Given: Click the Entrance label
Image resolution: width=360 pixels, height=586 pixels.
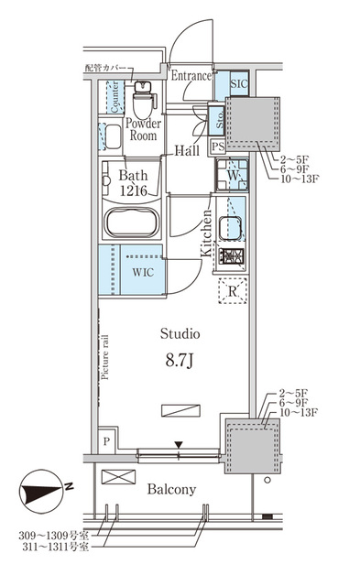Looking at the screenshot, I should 191,77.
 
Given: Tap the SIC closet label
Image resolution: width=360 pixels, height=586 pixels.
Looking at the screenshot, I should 239,83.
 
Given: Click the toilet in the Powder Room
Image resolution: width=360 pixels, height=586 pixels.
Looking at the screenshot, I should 143,95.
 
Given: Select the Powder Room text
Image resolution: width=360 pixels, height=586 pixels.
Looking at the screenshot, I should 143,129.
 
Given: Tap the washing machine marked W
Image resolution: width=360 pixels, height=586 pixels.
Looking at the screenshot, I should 233,173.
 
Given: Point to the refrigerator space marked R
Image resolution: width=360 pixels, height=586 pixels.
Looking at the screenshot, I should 234,292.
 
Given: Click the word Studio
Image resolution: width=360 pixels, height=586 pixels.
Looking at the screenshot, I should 180,332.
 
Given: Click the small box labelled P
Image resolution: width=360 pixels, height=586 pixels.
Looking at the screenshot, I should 107,440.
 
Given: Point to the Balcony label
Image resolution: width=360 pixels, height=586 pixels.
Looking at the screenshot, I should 171,490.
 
